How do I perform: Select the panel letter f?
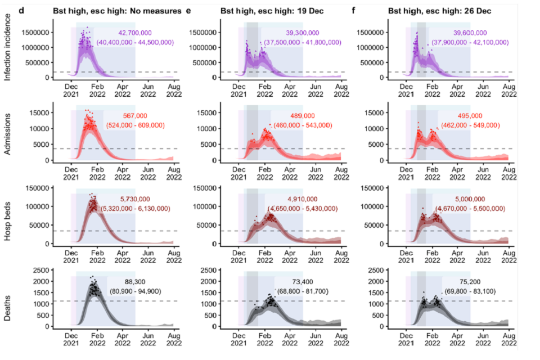(353, 10)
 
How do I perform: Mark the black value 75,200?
(461, 281)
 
